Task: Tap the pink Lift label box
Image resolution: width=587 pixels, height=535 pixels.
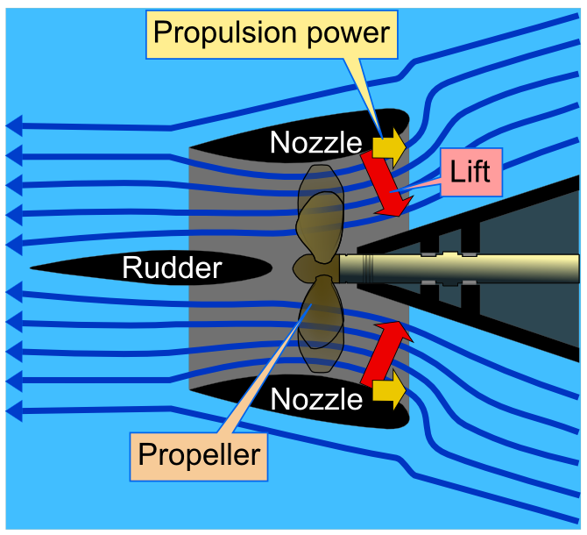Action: click(x=470, y=169)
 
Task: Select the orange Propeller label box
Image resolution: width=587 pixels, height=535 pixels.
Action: click(x=200, y=454)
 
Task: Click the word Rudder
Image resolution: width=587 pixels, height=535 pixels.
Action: click(x=172, y=267)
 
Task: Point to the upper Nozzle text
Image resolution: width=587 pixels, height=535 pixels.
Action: click(x=315, y=142)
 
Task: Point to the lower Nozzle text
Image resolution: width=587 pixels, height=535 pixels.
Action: click(x=315, y=399)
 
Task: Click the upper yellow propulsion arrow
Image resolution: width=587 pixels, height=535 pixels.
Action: click(x=389, y=146)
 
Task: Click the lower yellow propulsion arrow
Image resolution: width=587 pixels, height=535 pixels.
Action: click(x=389, y=389)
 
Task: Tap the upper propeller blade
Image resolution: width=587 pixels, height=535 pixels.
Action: click(x=319, y=215)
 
